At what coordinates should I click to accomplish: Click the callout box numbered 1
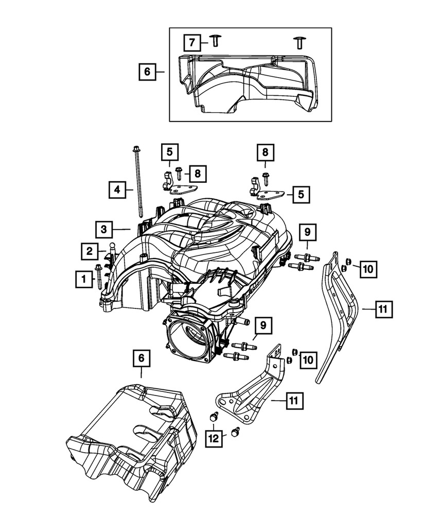point(82,280)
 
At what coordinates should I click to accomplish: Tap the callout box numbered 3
point(103,228)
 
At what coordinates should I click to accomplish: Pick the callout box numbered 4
point(117,190)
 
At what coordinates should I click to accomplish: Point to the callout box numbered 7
point(191,42)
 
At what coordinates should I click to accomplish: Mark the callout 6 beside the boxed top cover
point(147,72)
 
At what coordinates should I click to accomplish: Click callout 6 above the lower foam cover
point(142,358)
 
